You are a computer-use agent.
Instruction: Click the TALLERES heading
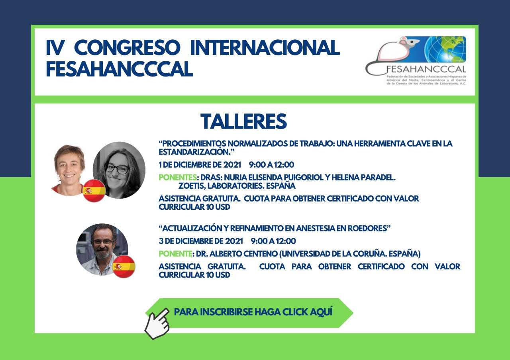[243, 121]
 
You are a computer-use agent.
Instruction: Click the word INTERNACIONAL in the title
[265, 47]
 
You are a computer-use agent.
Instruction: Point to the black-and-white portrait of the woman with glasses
[119, 170]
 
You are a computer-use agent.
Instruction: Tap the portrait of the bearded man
[102, 249]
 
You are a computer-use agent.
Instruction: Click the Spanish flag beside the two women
[94, 190]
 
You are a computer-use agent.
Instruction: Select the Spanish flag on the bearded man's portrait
[124, 266]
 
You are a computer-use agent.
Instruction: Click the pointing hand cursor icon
[157, 323]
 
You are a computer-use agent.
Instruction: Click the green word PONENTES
[178, 177]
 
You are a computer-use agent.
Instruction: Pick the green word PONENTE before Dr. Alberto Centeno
[175, 254]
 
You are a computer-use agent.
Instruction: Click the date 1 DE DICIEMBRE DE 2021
[200, 164]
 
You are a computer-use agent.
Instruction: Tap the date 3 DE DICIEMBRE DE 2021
[201, 241]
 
